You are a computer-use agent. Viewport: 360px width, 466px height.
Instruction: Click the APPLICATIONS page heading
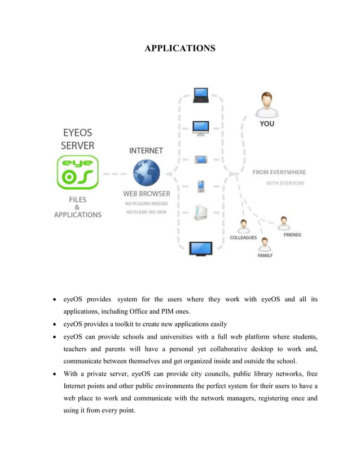point(179,49)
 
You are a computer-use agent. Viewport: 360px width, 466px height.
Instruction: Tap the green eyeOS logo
point(77,173)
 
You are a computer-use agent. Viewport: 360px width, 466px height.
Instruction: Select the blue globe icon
point(146,173)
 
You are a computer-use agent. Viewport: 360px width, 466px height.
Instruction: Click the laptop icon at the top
point(201,95)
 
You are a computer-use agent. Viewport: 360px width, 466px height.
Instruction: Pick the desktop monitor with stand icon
point(201,128)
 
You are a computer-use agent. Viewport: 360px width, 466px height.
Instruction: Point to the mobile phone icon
point(200,186)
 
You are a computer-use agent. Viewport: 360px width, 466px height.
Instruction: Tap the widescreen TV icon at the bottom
point(201,248)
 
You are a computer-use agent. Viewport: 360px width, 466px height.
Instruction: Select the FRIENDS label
point(292,235)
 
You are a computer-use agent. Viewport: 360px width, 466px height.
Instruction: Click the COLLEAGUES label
point(244,238)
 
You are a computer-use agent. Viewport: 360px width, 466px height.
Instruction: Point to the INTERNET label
point(146,151)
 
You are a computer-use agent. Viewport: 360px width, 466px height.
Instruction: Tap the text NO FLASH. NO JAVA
point(146,212)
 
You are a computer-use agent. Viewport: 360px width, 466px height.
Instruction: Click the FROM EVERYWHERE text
point(279,172)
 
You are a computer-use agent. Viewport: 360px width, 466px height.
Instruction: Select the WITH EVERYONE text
point(285,183)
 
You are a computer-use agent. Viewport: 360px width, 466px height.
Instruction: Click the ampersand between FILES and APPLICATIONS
point(77,207)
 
